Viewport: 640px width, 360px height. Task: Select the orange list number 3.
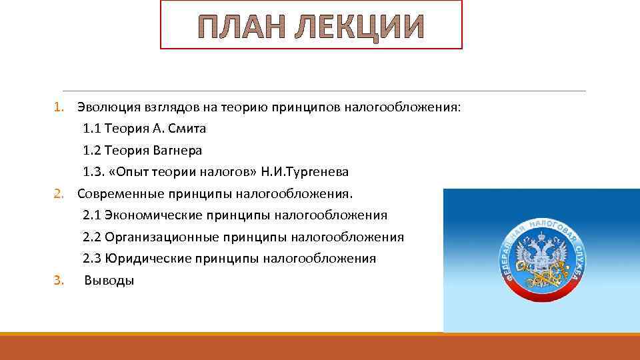[x=58, y=281]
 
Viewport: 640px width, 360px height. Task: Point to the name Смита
[x=169, y=129]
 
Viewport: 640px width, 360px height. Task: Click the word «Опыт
[x=133, y=172]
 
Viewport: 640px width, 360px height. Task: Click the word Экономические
[x=154, y=215]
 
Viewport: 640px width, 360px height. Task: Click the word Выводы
[x=109, y=281]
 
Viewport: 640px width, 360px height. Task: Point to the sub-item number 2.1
[x=92, y=215]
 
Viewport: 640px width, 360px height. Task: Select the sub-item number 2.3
[x=92, y=259]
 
